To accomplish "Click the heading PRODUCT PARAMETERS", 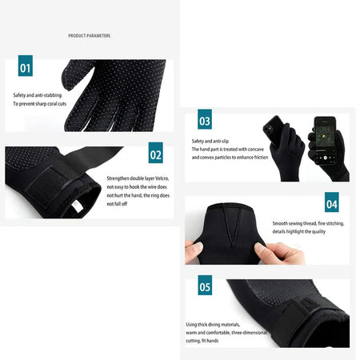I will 89,36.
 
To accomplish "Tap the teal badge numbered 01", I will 25,68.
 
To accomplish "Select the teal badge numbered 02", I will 155,155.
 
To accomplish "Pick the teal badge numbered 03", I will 205,121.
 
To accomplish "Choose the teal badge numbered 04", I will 330,205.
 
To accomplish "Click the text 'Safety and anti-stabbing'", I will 36,95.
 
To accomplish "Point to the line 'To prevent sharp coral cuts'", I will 39,105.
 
